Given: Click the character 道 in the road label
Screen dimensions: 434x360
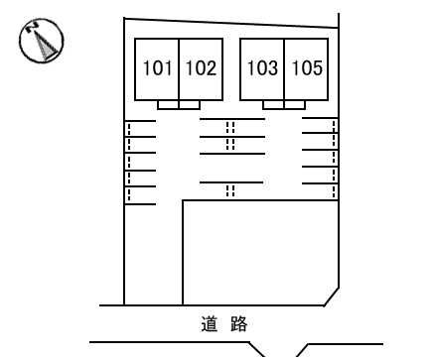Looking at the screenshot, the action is (x=208, y=323).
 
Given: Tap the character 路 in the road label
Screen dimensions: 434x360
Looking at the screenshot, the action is (x=237, y=323).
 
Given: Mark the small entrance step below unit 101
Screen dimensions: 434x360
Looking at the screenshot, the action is (x=168, y=104).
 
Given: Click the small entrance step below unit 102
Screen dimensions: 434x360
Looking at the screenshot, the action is (x=190, y=104).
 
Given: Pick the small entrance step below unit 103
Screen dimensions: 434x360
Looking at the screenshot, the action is (x=273, y=104).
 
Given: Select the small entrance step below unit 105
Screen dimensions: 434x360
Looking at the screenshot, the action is (x=295, y=104).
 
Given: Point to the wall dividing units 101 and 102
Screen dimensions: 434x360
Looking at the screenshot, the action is (x=179, y=68).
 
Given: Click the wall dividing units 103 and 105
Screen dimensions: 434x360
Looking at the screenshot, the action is (x=285, y=68).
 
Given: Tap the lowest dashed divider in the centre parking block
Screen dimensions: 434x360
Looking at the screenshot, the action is (x=230, y=191).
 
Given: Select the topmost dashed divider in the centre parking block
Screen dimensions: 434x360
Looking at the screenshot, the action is (x=230, y=127).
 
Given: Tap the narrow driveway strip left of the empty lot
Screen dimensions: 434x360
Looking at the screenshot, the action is (x=153, y=253).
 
